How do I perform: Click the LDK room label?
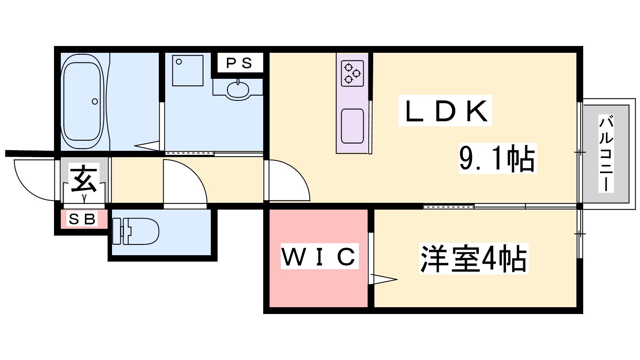[x=446, y=111]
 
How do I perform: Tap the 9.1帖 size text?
[x=497, y=158]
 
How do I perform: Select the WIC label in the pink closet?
[x=319, y=256]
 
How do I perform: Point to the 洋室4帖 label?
[x=474, y=259]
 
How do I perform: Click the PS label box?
[x=239, y=63]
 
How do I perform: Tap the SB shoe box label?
[x=82, y=219]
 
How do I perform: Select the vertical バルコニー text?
[x=606, y=153]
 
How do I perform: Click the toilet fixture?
[x=136, y=231]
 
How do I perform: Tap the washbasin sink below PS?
[x=238, y=90]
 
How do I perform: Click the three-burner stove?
[x=352, y=73]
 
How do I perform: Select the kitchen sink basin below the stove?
[x=352, y=126]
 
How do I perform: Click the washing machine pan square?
[x=188, y=70]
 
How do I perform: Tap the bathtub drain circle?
[x=95, y=102]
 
